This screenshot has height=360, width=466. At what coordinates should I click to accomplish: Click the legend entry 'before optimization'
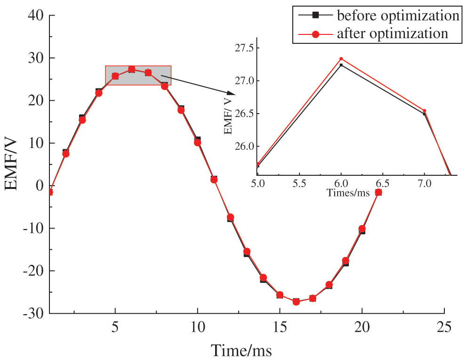click(x=397, y=16)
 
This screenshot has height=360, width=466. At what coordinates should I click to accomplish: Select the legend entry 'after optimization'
click(x=392, y=34)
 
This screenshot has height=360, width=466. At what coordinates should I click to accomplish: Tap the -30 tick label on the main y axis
click(x=33, y=313)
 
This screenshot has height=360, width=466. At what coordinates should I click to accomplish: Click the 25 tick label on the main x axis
click(x=444, y=327)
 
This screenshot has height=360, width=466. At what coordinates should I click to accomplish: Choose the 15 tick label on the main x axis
click(x=280, y=327)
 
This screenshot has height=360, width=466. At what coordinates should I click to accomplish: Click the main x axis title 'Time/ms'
click(x=241, y=351)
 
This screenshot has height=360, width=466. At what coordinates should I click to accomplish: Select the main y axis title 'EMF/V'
click(x=12, y=165)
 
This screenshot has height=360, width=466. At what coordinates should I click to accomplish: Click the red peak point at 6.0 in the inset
click(x=341, y=59)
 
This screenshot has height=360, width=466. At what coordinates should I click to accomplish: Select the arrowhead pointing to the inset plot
click(x=229, y=93)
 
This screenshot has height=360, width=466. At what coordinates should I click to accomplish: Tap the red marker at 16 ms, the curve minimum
click(x=296, y=302)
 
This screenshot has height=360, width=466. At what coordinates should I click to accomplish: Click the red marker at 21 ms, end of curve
click(x=378, y=192)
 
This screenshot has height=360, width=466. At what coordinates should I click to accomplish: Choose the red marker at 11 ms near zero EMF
click(x=214, y=180)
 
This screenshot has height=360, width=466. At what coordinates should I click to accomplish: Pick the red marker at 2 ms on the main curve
click(x=66, y=154)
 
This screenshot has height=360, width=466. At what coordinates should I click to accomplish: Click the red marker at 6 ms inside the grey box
click(x=132, y=69)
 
